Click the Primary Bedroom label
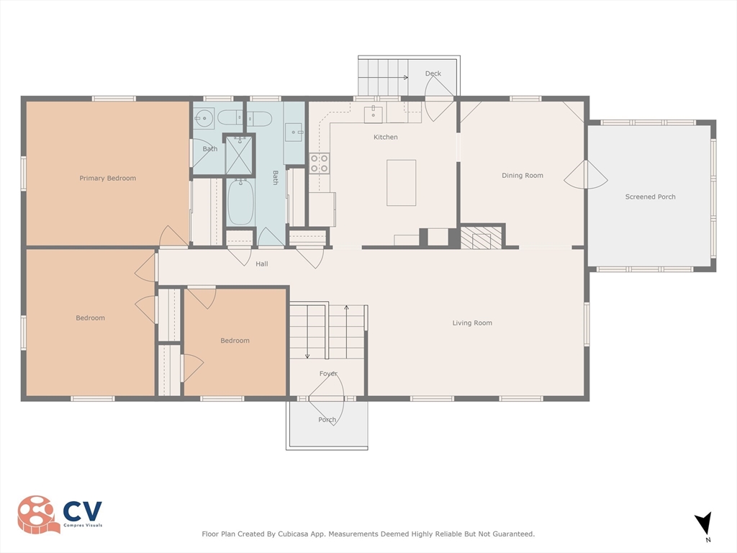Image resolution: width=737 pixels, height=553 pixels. [x=108, y=179]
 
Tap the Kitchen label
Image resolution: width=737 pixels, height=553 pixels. [x=386, y=137]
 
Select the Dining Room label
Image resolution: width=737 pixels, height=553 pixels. [x=523, y=176]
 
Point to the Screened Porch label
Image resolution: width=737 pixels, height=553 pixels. [x=650, y=197]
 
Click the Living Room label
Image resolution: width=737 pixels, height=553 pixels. [x=472, y=323]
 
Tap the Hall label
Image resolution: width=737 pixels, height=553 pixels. [x=262, y=264]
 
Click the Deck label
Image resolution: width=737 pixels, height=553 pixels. [x=433, y=73]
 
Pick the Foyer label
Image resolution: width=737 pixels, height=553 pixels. [x=328, y=374]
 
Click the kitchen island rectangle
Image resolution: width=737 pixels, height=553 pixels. [x=402, y=183]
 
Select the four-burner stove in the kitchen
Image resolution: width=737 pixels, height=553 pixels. [x=319, y=163]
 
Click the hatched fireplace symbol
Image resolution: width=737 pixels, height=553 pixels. [x=475, y=238]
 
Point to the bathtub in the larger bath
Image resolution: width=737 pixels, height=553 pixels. [x=240, y=202]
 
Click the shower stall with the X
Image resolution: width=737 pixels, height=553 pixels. [x=239, y=154]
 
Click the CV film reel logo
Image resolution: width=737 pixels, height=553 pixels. [x=39, y=514]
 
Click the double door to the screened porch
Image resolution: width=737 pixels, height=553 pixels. [x=586, y=175]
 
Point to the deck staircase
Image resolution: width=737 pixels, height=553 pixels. [x=383, y=76]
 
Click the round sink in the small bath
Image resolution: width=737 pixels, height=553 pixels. [x=204, y=119]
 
